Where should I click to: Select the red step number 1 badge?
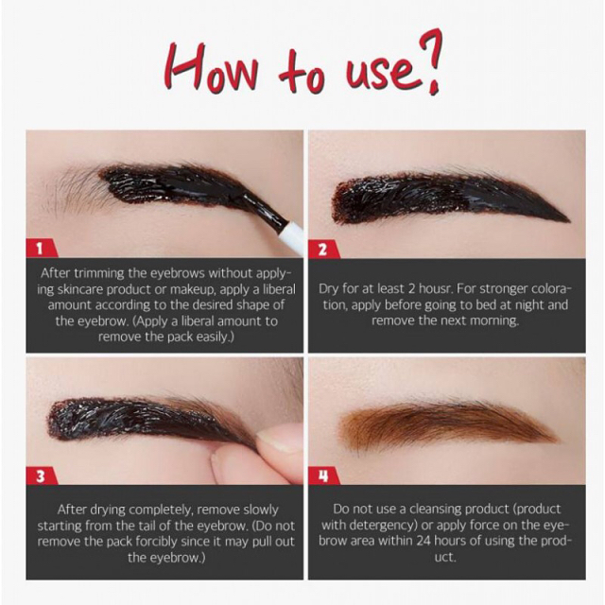tap(42, 249)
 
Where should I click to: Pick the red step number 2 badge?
tap(323, 250)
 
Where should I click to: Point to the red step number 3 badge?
tap(42, 476)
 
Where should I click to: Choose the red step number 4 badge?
tap(323, 476)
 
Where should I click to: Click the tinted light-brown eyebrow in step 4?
tap(447, 424)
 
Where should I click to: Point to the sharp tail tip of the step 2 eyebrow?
tap(569, 221)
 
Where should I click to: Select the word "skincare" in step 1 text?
tap(79, 289)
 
